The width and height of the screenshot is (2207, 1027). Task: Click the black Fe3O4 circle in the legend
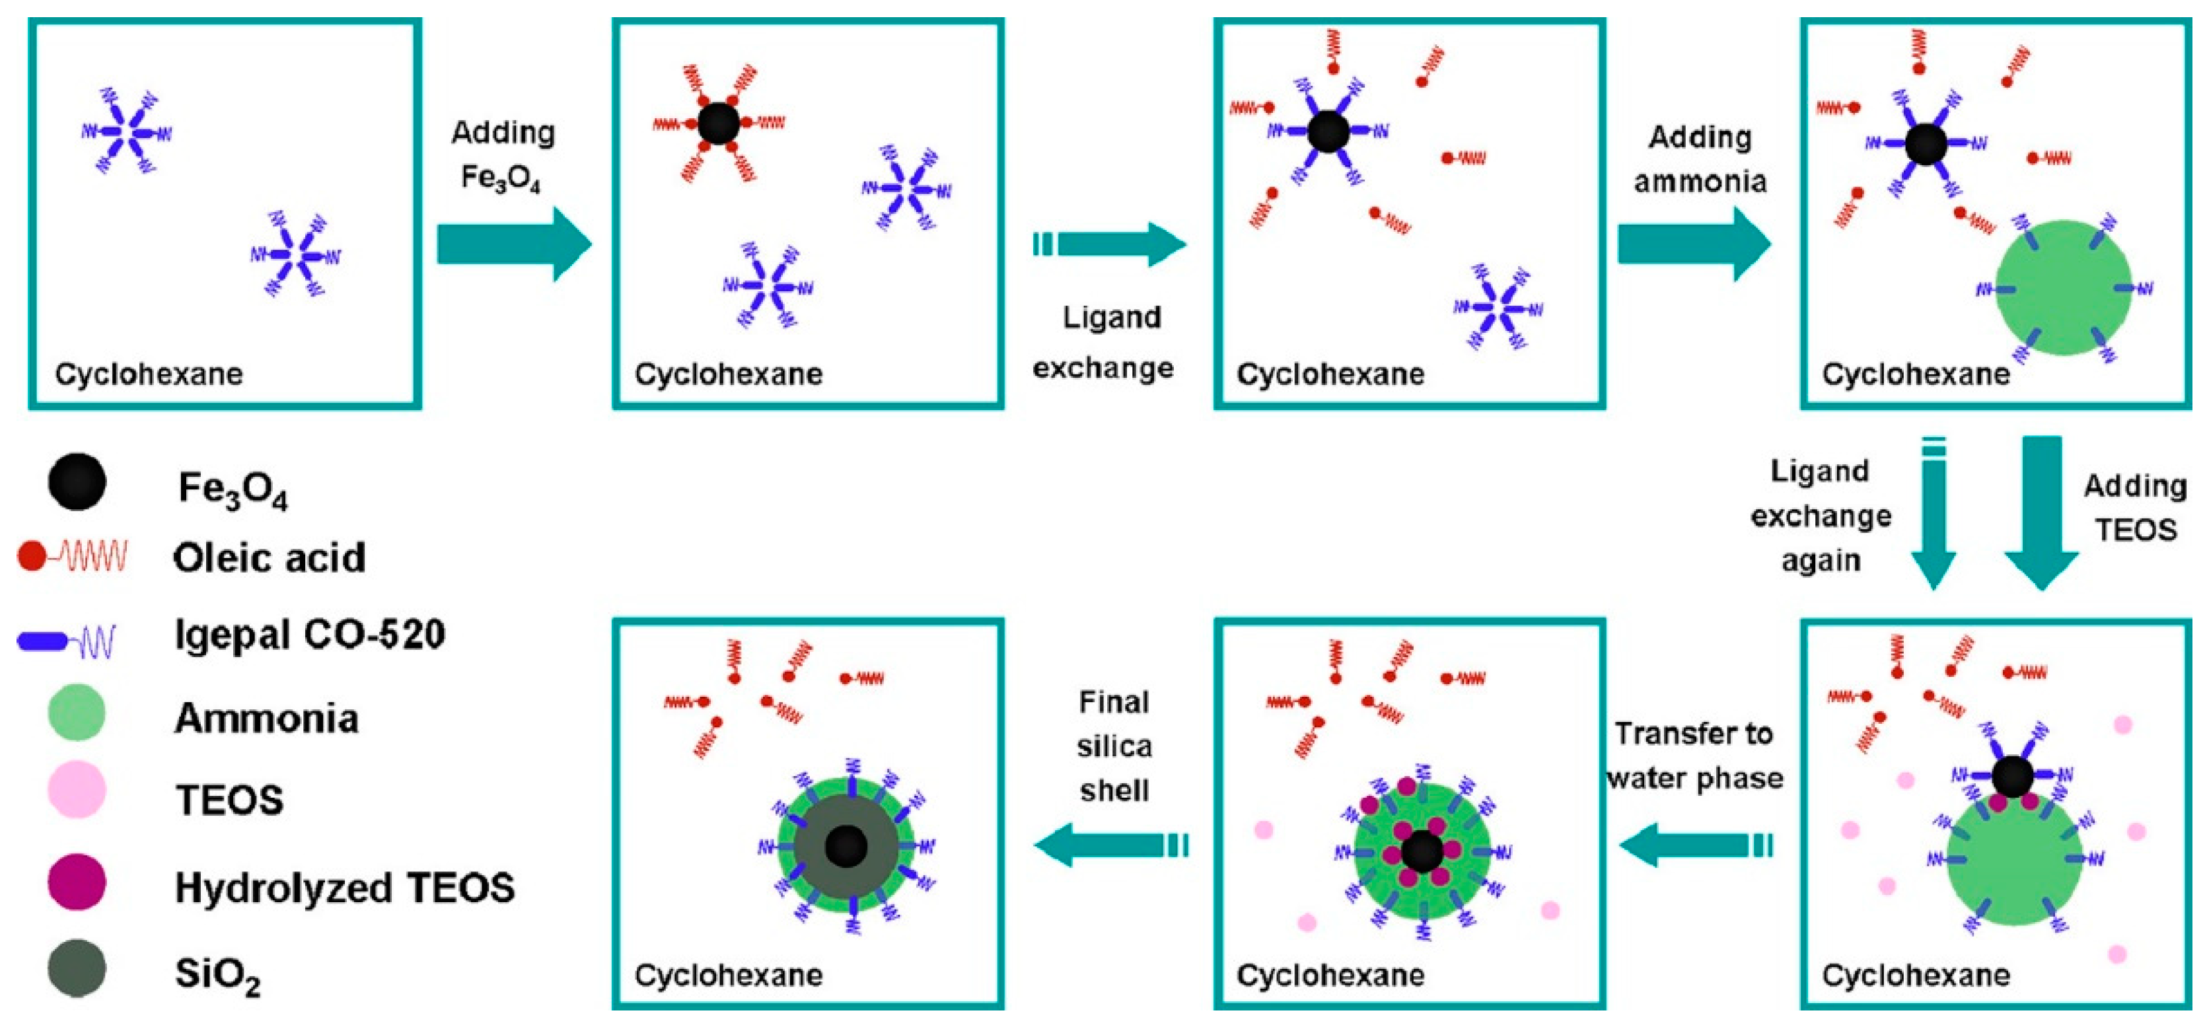coord(77,482)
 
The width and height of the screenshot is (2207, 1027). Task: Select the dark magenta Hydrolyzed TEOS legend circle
coord(77,882)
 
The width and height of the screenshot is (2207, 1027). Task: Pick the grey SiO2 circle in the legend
coord(77,968)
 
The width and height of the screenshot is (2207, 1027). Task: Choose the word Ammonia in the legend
coord(266,718)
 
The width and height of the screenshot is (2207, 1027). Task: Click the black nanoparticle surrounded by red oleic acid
coord(718,124)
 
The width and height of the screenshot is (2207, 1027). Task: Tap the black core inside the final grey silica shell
coord(846,846)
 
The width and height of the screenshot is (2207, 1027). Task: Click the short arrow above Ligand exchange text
coord(1110,244)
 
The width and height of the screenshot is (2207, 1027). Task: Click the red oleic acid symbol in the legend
coord(72,557)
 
